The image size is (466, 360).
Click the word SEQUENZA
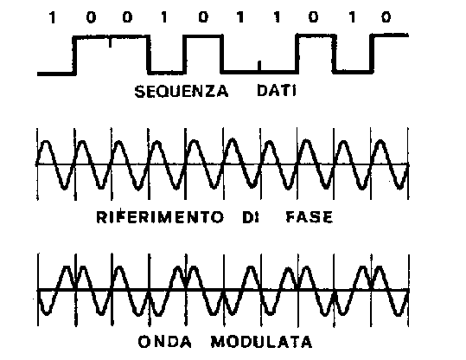pos(182,92)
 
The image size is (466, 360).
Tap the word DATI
pos(277,91)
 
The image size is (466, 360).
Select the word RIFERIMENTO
pos(160,217)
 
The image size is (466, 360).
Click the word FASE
pos(310,217)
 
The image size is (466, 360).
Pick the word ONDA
pos(165,342)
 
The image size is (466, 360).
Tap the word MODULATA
pos(262,342)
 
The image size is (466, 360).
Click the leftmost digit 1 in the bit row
pos(52,17)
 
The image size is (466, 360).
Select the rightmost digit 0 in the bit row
pos(386,17)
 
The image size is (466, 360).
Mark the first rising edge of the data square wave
pos(74,55)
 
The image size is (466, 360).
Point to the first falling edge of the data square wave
pos(149,55)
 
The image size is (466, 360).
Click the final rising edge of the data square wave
pos(372,54)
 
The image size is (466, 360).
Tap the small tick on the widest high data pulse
pos(110,42)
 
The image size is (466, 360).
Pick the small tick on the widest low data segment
pos(259,66)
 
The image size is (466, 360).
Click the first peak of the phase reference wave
pos(47,142)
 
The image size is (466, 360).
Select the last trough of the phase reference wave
pos(399,187)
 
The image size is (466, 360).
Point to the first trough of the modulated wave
pos(47,312)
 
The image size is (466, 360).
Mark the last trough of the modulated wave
pos(399,313)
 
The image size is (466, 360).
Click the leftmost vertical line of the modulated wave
pos(38,290)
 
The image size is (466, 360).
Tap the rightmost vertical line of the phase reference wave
pos(408,164)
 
